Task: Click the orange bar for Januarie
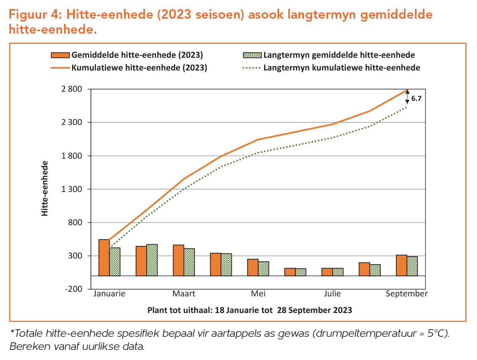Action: (104, 258)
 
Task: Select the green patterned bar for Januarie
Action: (115, 262)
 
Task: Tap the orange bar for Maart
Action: (179, 260)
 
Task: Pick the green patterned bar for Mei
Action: (263, 269)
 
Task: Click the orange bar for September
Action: (401, 265)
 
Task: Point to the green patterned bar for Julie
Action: (338, 272)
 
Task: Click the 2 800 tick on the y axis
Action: (72, 89)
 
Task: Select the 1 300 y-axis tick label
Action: (72, 189)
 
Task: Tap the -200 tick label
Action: (74, 290)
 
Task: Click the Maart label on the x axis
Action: (184, 294)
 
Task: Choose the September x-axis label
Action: (406, 294)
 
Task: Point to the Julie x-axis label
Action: (332, 294)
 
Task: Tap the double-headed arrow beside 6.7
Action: (407, 97)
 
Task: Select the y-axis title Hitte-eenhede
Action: (45, 188)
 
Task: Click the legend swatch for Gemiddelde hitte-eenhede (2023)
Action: (60, 55)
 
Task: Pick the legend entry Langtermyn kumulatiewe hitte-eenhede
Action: (342, 68)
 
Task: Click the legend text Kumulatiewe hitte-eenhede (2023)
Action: (139, 68)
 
